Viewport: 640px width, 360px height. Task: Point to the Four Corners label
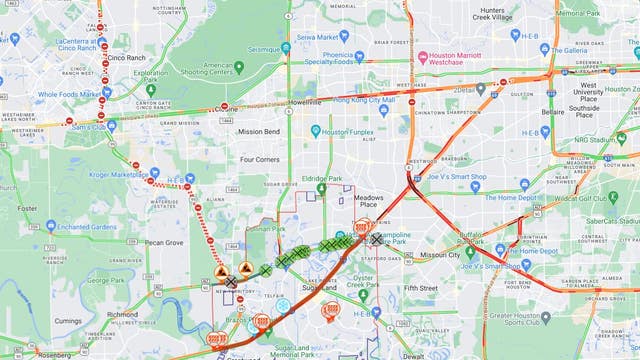[261, 159]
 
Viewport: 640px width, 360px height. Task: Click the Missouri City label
[440, 255]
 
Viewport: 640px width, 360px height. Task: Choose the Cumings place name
[68, 321]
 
